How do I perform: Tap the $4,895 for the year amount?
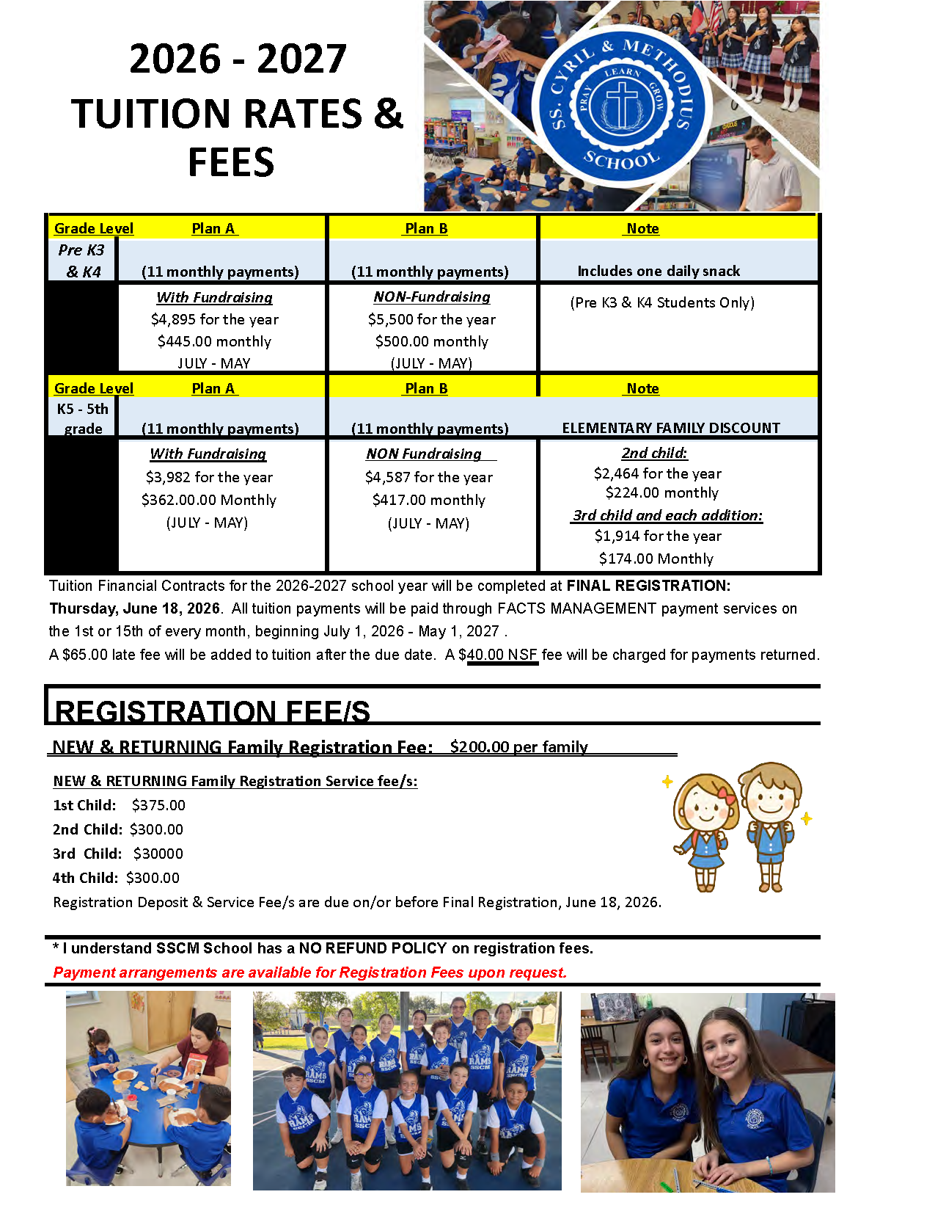pos(214,319)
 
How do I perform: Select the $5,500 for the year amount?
pos(431,319)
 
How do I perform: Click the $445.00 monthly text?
pos(214,341)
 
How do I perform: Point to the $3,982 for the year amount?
pos(209,477)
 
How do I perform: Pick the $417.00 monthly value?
pos(428,500)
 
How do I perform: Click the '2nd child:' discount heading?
pos(654,453)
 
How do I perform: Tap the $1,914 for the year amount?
pos(658,536)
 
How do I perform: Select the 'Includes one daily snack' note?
pos(659,271)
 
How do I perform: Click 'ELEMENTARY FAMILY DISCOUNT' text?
pos(671,428)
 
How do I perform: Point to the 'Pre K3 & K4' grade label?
pos(82,261)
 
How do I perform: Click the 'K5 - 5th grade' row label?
pos(82,418)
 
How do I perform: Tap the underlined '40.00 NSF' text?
pos(502,655)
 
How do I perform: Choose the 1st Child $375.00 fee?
pos(158,805)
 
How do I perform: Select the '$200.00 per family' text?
pos(518,746)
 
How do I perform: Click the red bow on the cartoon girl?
pos(726,795)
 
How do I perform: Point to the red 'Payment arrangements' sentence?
pos(309,972)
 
